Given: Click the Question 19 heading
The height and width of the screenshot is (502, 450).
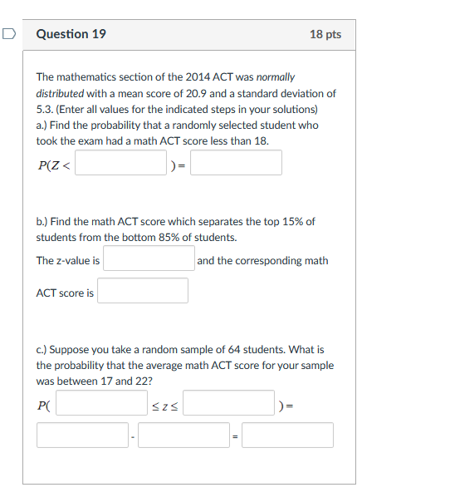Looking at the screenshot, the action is pos(71,34).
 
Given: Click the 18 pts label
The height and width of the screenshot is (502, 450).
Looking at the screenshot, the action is pos(325,34).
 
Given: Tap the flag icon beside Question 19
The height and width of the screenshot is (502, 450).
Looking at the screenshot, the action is pos(8,33).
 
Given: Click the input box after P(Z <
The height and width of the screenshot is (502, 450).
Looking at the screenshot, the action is pos(121,163).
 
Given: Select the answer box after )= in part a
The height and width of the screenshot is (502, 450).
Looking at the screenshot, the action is pos(236,163).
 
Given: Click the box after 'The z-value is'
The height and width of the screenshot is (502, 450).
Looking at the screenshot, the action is pos(149,258).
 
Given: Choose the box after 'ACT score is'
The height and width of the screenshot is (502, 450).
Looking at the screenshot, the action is pos(143,291).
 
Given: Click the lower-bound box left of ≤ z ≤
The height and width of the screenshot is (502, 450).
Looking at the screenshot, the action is pos(101,403).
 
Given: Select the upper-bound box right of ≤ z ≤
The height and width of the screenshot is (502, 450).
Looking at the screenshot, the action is pos(229,403).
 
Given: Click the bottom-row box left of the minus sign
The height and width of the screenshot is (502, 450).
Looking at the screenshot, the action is pos(82,436).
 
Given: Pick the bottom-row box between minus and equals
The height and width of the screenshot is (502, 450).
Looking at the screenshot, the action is pos(183,436).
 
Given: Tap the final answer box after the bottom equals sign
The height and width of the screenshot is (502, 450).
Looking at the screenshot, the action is pos(287,436).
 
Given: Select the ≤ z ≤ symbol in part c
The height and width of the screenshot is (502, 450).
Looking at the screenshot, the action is pos(165,405).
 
